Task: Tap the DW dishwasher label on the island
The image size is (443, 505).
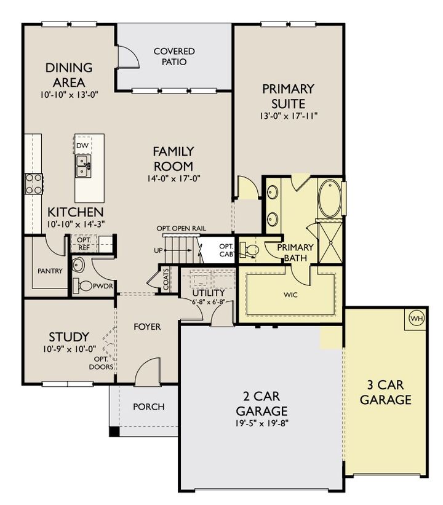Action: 82,145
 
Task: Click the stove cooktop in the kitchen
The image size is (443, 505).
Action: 33,183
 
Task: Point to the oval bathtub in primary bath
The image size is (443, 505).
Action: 329,197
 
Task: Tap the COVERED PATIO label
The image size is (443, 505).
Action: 174,57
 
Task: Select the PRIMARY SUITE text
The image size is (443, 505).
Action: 288,96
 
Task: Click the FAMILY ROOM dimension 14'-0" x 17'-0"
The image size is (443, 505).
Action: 174,178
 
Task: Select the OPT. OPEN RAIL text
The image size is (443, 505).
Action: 181,229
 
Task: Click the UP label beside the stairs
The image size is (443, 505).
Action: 158,250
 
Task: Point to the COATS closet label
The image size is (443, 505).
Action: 165,280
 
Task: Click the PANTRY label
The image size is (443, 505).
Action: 50,271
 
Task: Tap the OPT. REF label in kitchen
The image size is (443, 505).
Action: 84,243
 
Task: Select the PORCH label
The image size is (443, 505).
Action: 149,407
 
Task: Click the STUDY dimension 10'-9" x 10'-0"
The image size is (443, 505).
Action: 68,349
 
